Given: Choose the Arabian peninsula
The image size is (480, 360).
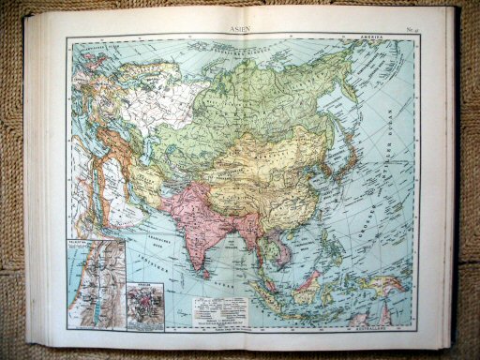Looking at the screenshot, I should (112, 211).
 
